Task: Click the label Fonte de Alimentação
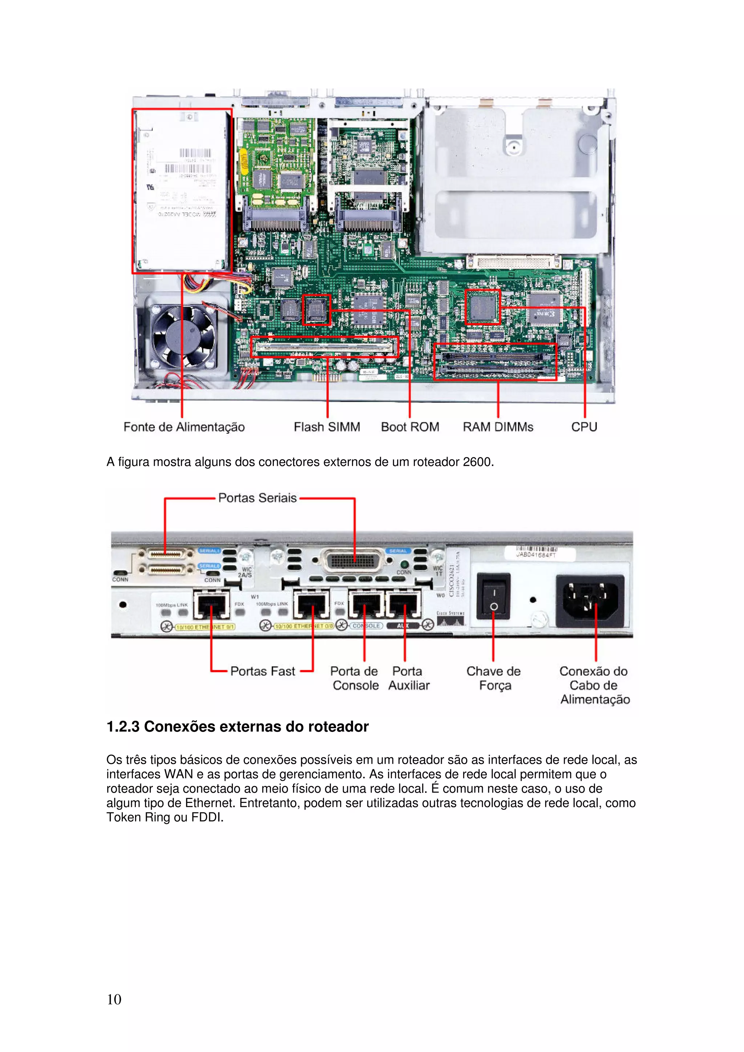[184, 427]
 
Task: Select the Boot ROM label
[410, 427]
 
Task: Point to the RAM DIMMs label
[498, 427]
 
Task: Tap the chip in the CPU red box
[482, 307]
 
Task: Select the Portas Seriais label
[257, 498]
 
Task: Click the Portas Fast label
[263, 671]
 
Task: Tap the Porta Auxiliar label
[408, 678]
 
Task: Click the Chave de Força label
[494, 678]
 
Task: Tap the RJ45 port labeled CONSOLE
[365, 604]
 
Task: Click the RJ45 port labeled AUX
[403, 604]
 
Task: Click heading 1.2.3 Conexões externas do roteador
[238, 727]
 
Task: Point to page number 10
[114, 999]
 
